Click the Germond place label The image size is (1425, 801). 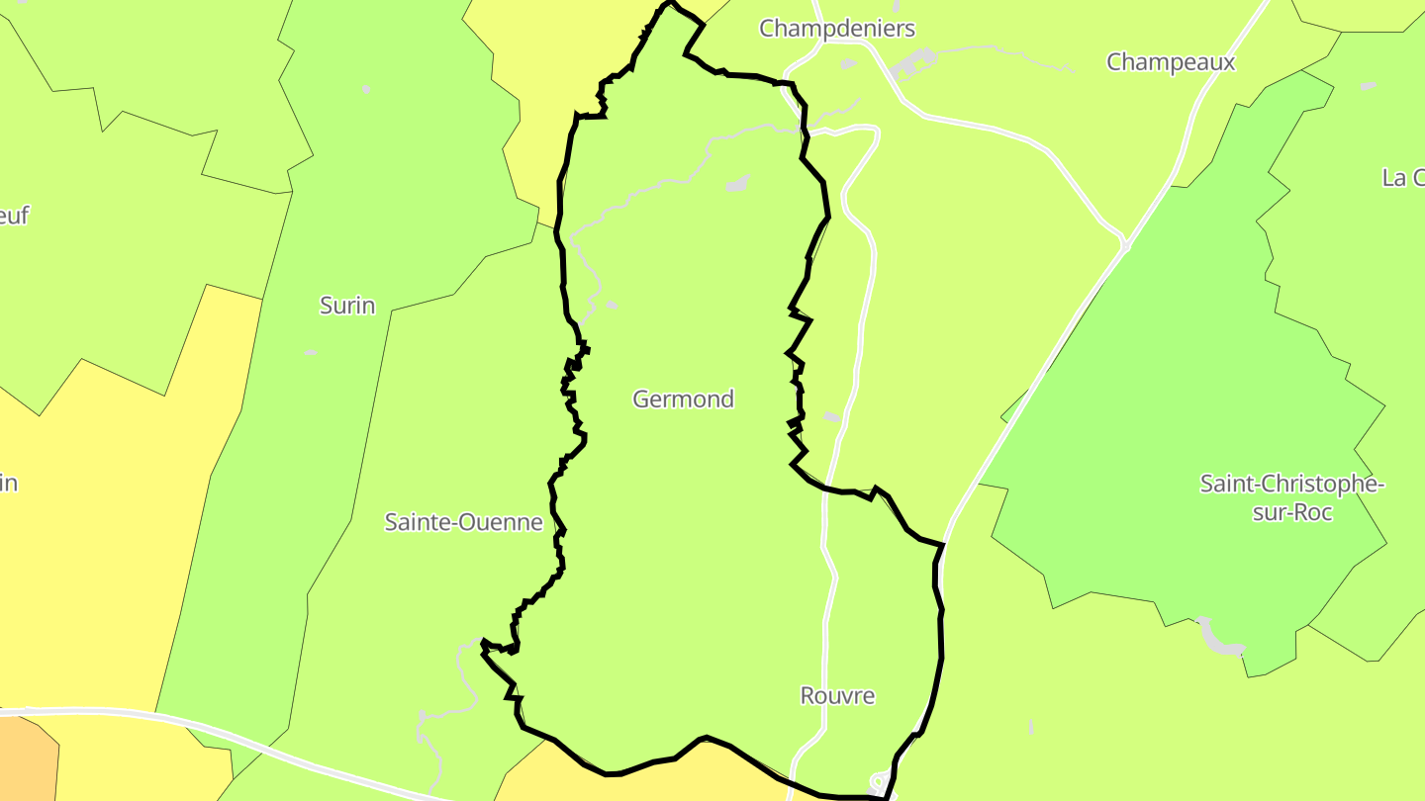click(683, 400)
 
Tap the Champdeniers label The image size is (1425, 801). click(837, 29)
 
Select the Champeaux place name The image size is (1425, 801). click(1171, 62)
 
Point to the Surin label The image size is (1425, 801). click(347, 306)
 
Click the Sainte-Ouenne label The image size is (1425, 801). click(464, 522)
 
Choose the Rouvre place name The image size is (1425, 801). click(837, 696)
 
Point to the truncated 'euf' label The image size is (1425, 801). click(13, 216)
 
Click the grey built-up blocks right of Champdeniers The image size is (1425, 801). click(913, 65)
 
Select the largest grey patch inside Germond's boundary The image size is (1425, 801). click(737, 183)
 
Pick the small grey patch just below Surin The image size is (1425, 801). click(311, 352)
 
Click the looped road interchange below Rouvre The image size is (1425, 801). click(877, 781)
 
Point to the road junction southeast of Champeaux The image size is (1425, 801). click(1125, 243)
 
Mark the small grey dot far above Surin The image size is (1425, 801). click(365, 90)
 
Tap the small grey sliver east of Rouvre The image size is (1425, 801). click(1030, 727)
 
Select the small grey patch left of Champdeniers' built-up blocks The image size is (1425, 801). click(848, 64)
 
